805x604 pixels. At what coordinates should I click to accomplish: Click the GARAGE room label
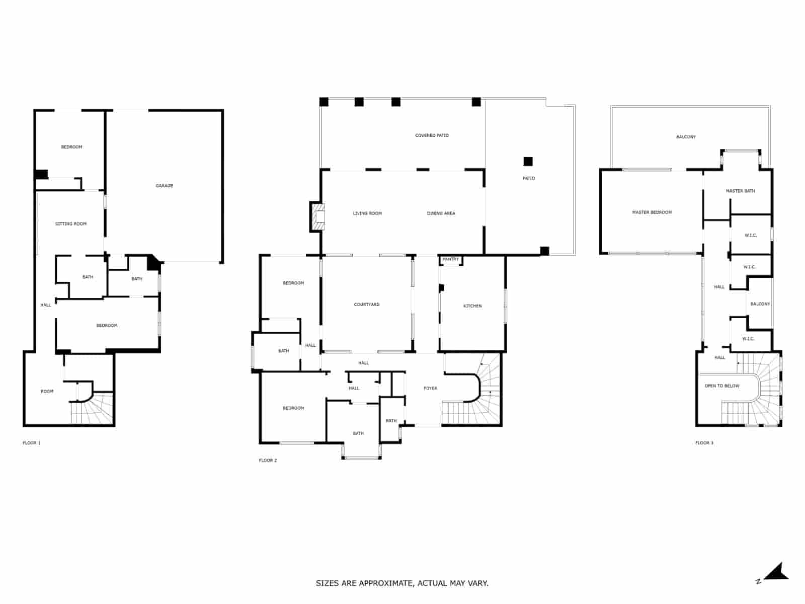[x=164, y=186]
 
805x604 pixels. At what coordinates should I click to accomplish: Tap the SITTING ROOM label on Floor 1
[x=71, y=223]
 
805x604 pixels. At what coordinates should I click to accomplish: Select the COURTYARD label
[x=366, y=305]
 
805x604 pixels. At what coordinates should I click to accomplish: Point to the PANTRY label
[x=450, y=259]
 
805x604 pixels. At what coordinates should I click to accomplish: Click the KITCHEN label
[x=472, y=306]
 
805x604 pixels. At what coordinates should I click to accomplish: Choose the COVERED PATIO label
[x=432, y=135]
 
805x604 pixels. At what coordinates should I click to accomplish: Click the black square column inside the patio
[x=528, y=162]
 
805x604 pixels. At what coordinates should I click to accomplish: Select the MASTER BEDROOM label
[x=652, y=212]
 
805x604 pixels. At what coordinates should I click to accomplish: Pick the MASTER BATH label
[x=740, y=191]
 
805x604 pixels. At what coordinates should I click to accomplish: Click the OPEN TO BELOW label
[x=721, y=386]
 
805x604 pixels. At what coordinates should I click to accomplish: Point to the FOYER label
[x=430, y=388]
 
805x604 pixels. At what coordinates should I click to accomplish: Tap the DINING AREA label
[x=441, y=213]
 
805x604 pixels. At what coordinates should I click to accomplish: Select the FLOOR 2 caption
[x=268, y=461]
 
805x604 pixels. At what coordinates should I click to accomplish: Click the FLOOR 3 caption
[x=704, y=443]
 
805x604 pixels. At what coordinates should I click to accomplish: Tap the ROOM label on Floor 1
[x=47, y=391]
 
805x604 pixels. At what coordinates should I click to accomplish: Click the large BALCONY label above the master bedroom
[x=686, y=137]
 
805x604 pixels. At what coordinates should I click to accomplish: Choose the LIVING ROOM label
[x=367, y=213]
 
